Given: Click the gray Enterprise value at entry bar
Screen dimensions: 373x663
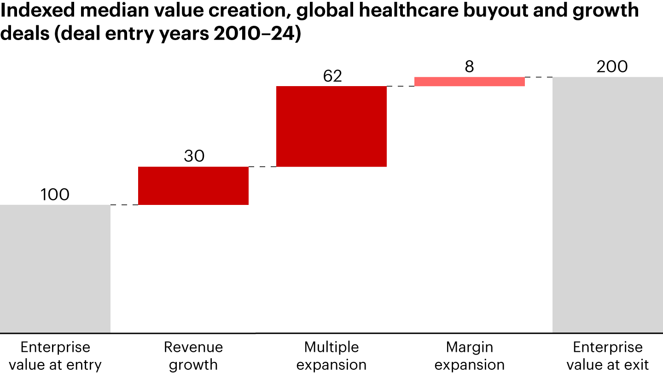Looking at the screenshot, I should coord(55,268).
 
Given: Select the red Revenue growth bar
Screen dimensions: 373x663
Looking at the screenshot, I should coord(193,186).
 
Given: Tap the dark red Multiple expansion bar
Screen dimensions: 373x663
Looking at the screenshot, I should coord(331,126).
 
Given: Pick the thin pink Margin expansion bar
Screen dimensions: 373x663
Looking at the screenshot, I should coord(470,82).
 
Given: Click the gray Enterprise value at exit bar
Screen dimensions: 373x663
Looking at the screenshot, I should coord(608,204).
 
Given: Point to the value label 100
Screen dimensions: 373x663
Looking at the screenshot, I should coord(55,195).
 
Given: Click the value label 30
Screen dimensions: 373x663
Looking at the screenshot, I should coord(194,157).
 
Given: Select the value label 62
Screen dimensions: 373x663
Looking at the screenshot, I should coord(332,76).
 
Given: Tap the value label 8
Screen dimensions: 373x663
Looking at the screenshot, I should coord(469,67).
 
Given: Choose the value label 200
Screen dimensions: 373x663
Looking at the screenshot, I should coord(612,67).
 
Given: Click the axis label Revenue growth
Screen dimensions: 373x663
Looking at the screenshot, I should coord(193,356).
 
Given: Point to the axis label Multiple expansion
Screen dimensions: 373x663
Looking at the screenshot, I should coord(331,356).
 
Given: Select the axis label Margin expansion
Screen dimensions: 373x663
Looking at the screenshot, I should coord(470,356).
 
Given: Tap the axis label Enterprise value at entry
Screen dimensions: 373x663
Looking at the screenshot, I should coord(55,356).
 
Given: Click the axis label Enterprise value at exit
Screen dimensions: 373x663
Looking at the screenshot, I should coord(608,356).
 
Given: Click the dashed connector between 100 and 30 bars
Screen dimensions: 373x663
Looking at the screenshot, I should coord(124,204).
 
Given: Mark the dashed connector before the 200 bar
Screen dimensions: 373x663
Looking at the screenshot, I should coord(539,77).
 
